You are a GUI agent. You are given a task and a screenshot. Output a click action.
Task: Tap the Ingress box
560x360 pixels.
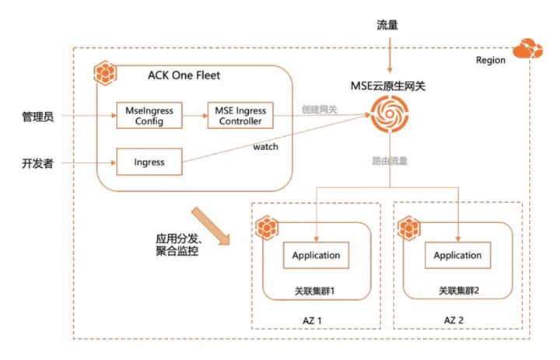tap(149, 163)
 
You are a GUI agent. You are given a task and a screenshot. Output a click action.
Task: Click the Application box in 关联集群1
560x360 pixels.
tap(316, 255)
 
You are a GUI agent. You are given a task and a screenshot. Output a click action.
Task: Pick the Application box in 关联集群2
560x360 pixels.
tap(457, 255)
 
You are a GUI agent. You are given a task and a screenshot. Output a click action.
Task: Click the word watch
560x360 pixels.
tap(266, 145)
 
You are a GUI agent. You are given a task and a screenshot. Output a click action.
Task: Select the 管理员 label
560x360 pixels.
tap(37, 117)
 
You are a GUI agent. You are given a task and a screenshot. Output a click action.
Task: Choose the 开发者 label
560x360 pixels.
tap(37, 163)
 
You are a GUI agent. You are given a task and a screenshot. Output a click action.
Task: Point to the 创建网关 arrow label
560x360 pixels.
tap(320, 108)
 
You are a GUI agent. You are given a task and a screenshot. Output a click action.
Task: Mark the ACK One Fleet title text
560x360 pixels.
tap(184, 75)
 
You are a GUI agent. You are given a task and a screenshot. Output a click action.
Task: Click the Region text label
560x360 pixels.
tap(490, 60)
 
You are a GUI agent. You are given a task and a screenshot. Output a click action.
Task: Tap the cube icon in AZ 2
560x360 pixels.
tap(409, 229)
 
